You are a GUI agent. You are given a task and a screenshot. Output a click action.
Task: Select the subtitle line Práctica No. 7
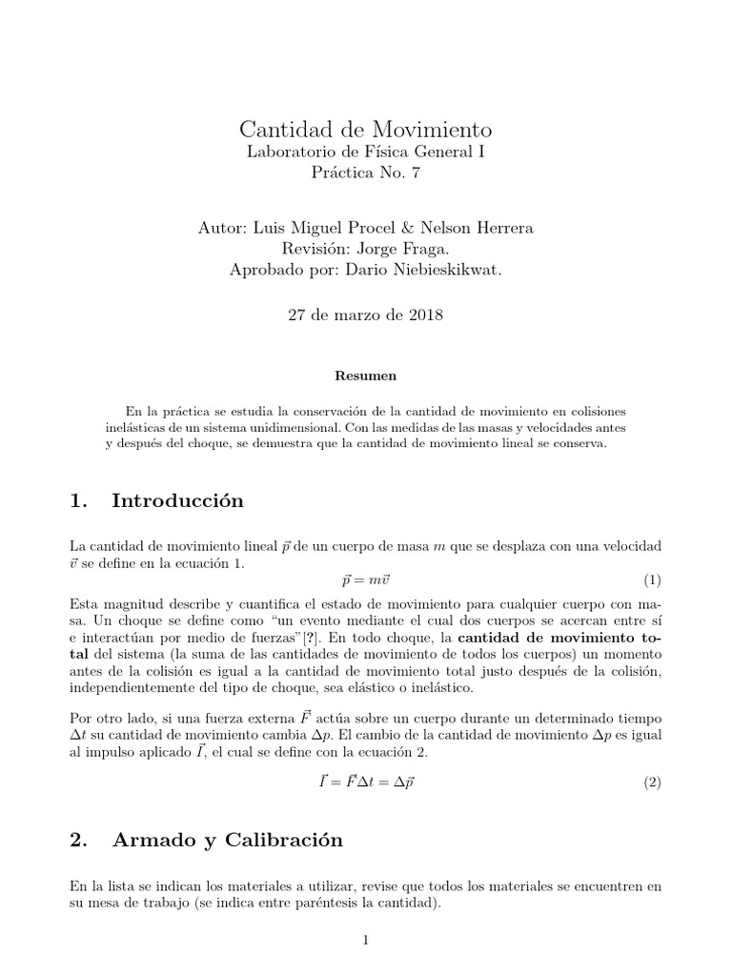[x=365, y=173]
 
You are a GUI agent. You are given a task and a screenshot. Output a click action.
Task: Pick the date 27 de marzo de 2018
[x=365, y=315]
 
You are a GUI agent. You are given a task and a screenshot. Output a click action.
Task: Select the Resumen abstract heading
[x=365, y=376]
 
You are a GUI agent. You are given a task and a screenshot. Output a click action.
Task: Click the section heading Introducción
[x=177, y=500]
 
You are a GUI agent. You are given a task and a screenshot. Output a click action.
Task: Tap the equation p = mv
[x=365, y=579]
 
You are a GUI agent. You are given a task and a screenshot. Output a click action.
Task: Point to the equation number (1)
[x=651, y=579]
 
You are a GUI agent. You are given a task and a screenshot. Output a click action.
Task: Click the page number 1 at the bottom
[x=365, y=940]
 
